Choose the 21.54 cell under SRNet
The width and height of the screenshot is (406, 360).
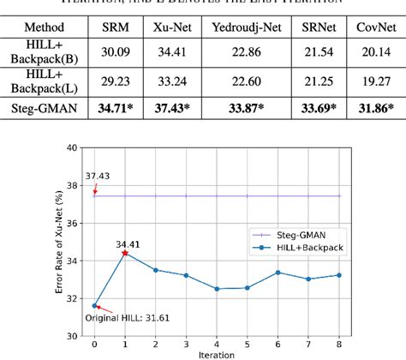point(319,57)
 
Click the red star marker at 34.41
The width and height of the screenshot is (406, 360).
point(125,253)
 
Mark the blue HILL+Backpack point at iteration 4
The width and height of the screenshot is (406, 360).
point(217,289)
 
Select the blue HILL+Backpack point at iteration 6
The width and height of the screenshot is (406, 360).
point(278,273)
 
